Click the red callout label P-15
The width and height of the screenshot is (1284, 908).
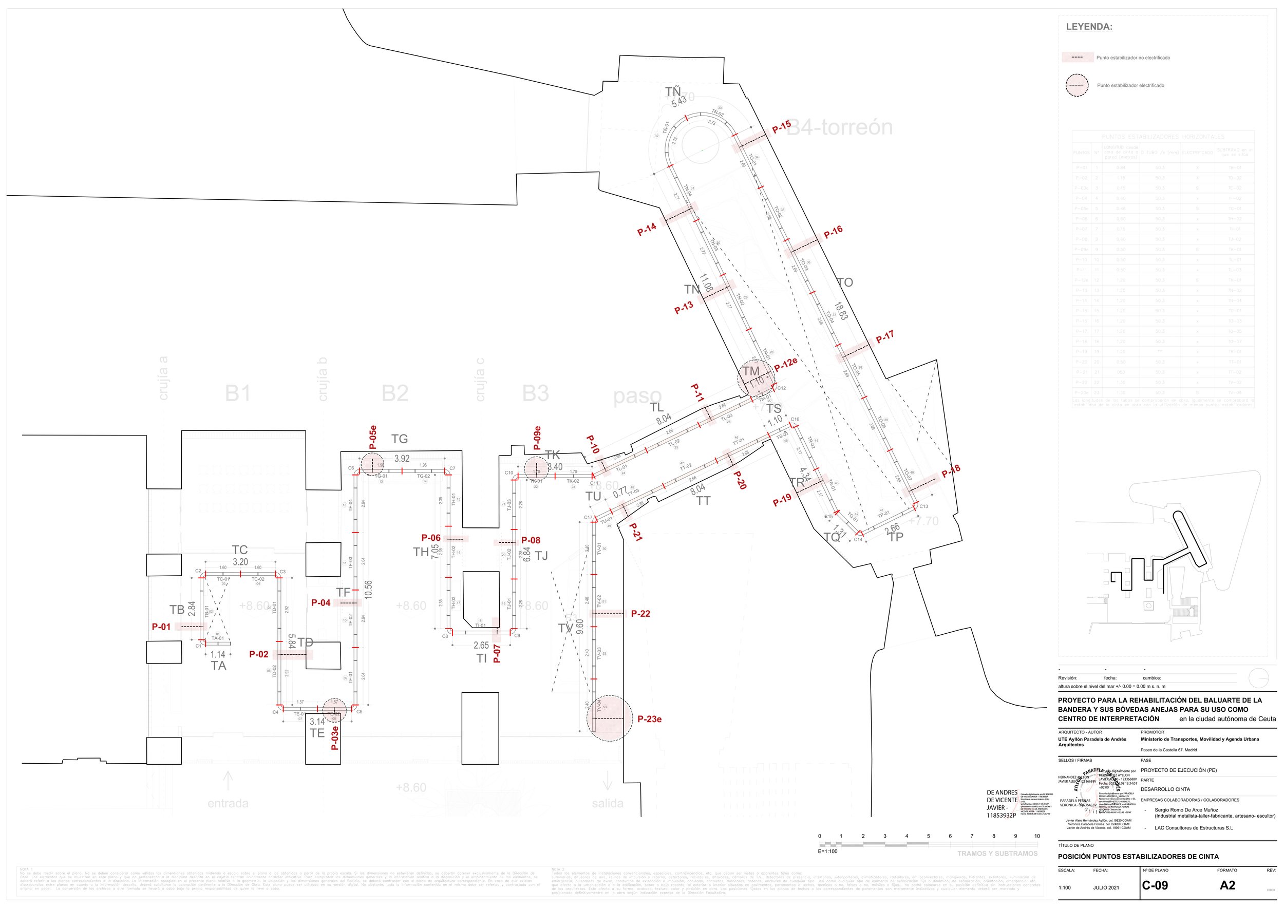coord(781,127)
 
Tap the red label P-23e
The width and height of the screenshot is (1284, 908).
coord(649,719)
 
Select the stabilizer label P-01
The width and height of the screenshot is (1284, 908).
coord(161,627)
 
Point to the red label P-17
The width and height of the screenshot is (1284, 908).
coord(885,336)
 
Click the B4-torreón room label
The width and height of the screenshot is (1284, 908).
coord(839,127)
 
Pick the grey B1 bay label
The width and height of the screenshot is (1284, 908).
coord(238,393)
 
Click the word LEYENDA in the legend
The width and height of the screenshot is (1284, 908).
coord(1089,27)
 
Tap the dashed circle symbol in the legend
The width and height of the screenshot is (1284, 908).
coord(1077,86)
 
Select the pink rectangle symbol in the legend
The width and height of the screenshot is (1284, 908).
coord(1077,58)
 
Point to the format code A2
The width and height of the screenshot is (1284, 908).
coord(1228,885)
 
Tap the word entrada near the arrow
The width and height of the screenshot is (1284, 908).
coord(228,803)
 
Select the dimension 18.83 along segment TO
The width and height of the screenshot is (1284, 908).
coord(841,311)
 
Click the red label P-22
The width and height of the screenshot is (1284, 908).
coord(640,613)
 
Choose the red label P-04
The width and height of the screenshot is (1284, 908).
coord(321,603)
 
